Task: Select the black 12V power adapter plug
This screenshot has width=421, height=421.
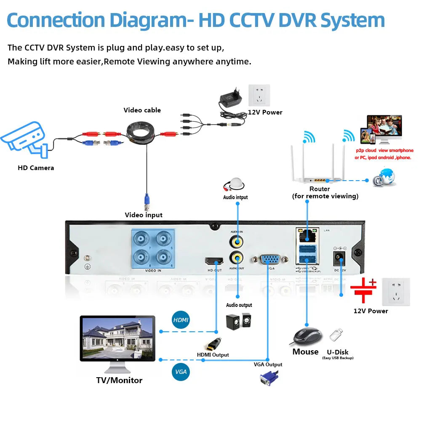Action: click(231, 100)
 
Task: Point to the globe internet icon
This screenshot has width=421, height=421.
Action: click(385, 176)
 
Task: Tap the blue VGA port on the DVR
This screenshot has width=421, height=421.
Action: click(268, 259)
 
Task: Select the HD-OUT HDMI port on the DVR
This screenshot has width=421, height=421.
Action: click(214, 261)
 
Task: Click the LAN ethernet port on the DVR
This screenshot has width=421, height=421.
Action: click(307, 235)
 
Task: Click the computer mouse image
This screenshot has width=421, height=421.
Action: click(307, 336)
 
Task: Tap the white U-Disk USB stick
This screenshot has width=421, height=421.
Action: click(336, 336)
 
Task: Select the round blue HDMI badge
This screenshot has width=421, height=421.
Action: click(181, 320)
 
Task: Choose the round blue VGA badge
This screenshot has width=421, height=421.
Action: click(181, 372)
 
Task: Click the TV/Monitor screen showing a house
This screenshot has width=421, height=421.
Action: click(117, 338)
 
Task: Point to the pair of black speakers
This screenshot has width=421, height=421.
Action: click(239, 322)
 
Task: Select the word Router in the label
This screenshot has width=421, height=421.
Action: click(320, 189)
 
